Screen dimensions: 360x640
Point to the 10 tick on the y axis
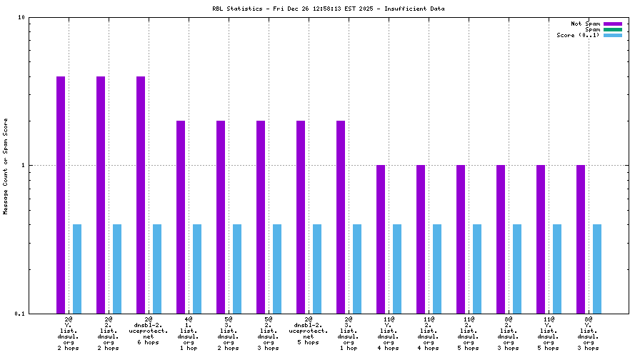pos(21,17)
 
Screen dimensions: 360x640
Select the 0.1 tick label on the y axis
pos(20,314)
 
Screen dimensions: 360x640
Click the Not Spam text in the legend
pos(585,24)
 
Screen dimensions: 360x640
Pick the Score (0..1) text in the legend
pos(578,35)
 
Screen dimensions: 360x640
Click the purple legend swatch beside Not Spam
pos(612,24)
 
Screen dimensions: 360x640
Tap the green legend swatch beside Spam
pos(612,29)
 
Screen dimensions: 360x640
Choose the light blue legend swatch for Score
pos(612,35)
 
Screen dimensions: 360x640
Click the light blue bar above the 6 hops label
pos(157,269)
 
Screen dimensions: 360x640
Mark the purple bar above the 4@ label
pos(181,216)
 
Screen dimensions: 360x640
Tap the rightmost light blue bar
pos(597,269)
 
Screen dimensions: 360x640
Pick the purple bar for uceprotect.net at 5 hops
pos(301,216)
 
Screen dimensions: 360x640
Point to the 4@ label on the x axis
pos(189,319)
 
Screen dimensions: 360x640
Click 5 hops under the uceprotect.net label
pos(309,342)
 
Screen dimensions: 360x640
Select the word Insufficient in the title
pos(414,9)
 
